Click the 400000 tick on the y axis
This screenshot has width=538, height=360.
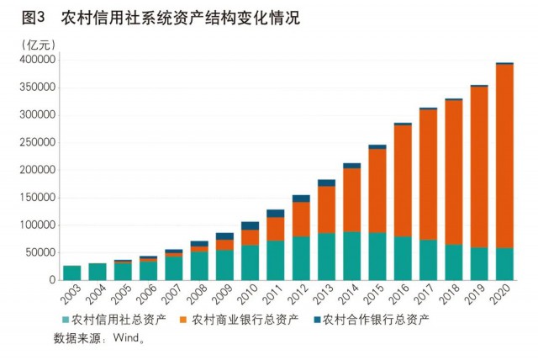tap(37, 60)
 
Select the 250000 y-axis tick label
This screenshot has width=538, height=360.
tap(37, 142)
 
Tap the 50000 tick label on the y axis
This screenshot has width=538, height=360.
tap(40, 252)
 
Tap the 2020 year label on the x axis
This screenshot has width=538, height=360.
tap(502, 296)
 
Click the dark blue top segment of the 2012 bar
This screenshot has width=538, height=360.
tap(301, 199)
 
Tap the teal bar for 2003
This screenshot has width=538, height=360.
tap(72, 273)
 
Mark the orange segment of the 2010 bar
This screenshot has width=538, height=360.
tap(251, 237)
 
